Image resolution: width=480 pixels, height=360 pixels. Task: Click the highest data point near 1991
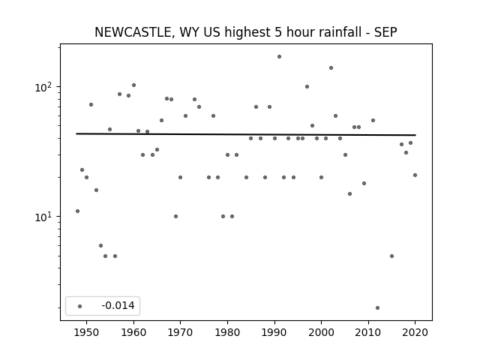279,57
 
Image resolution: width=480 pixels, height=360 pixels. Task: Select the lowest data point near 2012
377,307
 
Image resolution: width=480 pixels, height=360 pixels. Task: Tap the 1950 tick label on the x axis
87,332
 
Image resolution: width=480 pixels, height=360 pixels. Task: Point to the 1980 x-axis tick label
227,332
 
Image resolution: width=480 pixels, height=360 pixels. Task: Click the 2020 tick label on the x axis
415,332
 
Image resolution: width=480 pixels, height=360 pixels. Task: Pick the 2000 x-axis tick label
321,332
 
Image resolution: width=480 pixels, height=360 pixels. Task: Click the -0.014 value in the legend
118,305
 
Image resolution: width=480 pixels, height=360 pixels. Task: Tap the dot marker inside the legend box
80,306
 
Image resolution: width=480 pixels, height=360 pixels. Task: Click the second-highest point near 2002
331,68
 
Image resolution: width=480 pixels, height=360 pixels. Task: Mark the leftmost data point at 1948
77,211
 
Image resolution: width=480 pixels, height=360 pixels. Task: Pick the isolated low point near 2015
391,256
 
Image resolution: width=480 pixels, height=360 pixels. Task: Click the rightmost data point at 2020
415,175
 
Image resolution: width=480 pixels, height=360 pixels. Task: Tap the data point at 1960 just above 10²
133,85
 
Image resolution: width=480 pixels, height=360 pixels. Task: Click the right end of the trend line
415,135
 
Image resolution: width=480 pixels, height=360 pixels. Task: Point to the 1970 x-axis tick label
180,332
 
